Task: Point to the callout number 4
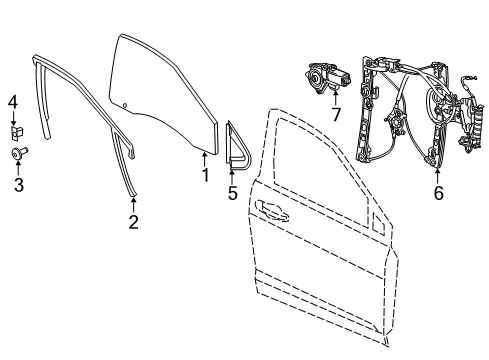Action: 13,101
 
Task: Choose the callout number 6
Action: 437,194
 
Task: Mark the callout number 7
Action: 335,115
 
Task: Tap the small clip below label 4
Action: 16,130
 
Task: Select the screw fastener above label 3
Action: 15,153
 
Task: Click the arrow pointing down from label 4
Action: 14,116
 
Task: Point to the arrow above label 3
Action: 14,167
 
